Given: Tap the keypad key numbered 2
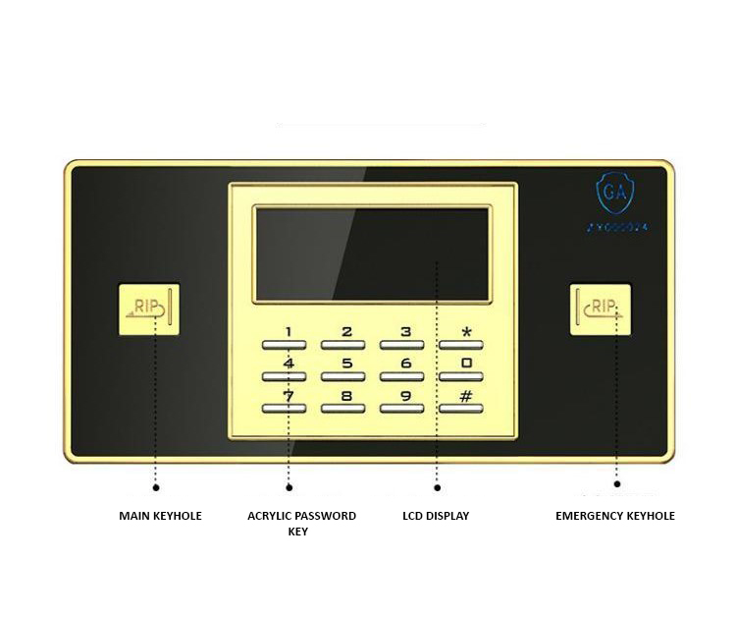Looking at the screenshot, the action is (343, 344).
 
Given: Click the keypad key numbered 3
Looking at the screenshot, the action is (402, 344).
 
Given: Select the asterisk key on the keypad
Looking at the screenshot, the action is (460, 344).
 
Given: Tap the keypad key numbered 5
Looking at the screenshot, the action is (343, 375).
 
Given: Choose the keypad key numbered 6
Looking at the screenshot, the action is (402, 375).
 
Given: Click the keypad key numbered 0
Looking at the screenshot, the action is (460, 375).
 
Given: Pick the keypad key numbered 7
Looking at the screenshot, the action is (285, 407).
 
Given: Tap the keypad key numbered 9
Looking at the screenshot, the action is (402, 407).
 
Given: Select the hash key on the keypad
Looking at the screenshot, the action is (460, 407).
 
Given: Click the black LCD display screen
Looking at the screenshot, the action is (370, 254).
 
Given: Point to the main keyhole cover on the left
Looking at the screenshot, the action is (148, 309).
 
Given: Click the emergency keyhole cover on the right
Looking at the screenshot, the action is (600, 309).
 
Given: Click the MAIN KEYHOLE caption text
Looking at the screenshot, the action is (160, 516).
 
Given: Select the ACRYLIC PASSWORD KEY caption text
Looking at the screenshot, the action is (301, 524).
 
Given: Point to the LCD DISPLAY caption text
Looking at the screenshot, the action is (436, 516).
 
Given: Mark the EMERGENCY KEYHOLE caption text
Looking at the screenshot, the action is (615, 516).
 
